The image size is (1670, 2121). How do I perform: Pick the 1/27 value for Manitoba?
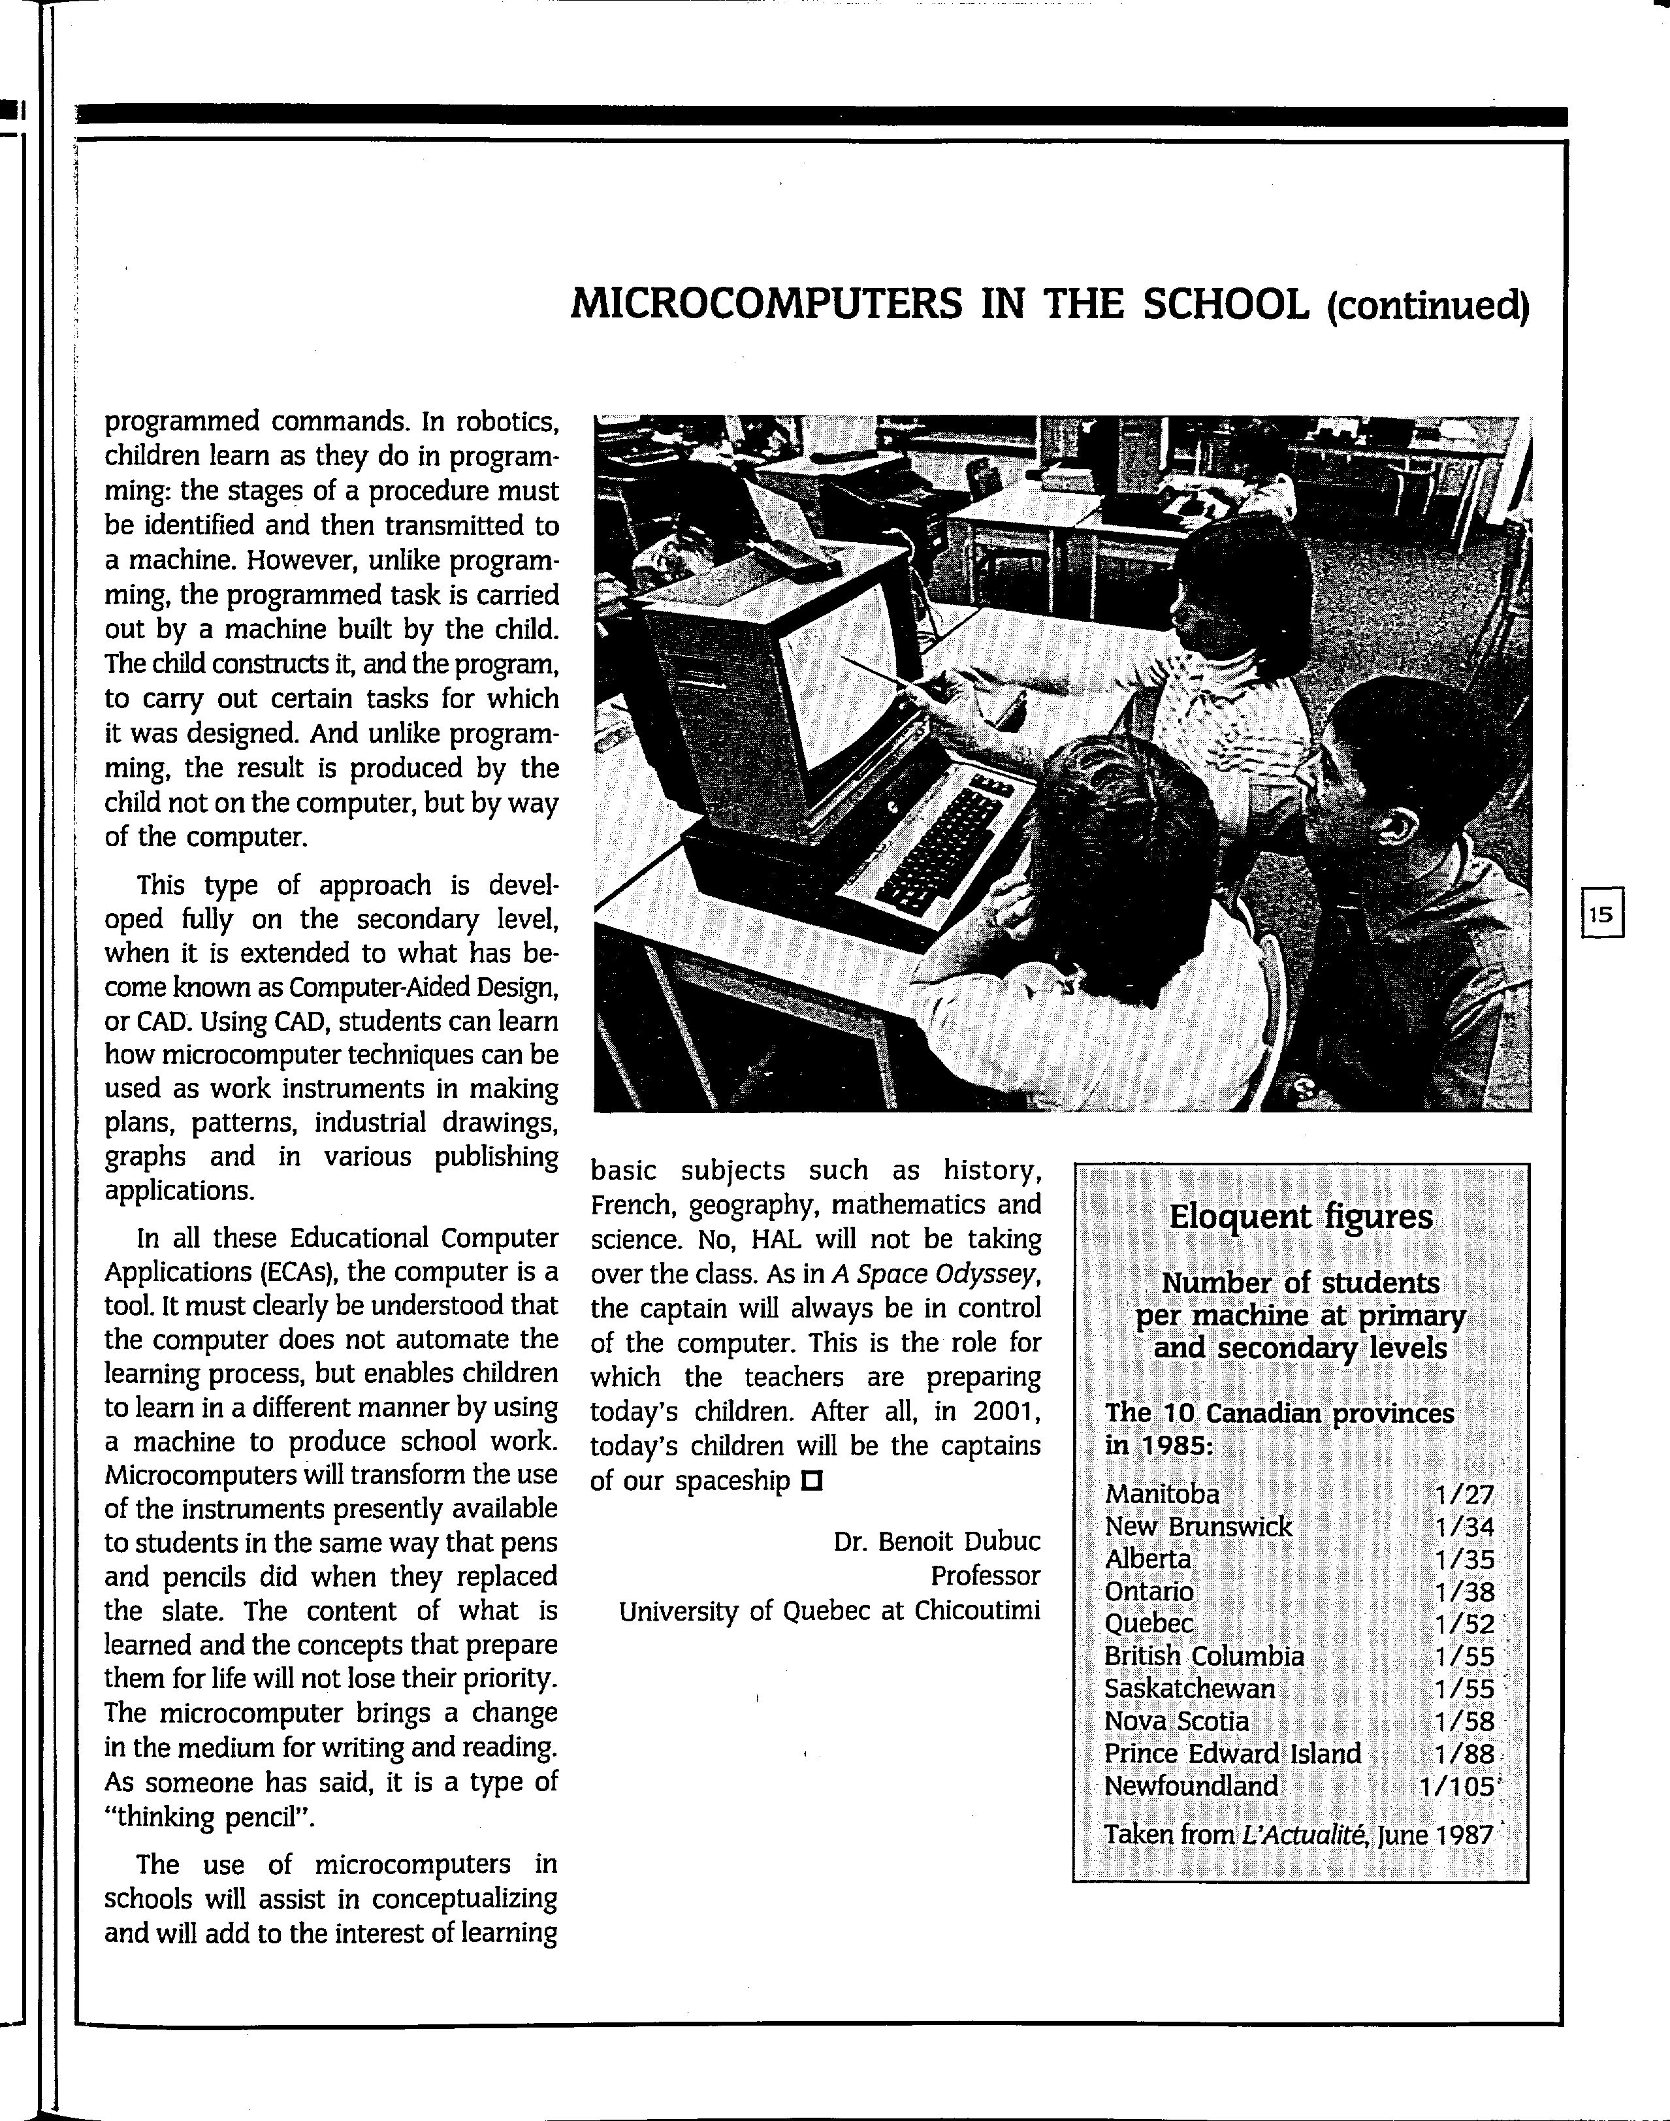point(1465,1494)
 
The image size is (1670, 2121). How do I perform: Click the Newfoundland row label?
point(1191,1786)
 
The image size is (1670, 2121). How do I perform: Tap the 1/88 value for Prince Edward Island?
point(1465,1755)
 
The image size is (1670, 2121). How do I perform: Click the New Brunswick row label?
point(1198,1527)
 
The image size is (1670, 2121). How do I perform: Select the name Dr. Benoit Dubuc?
point(937,1542)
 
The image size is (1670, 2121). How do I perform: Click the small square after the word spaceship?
point(812,1480)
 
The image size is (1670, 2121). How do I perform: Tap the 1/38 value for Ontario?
point(1465,1592)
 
